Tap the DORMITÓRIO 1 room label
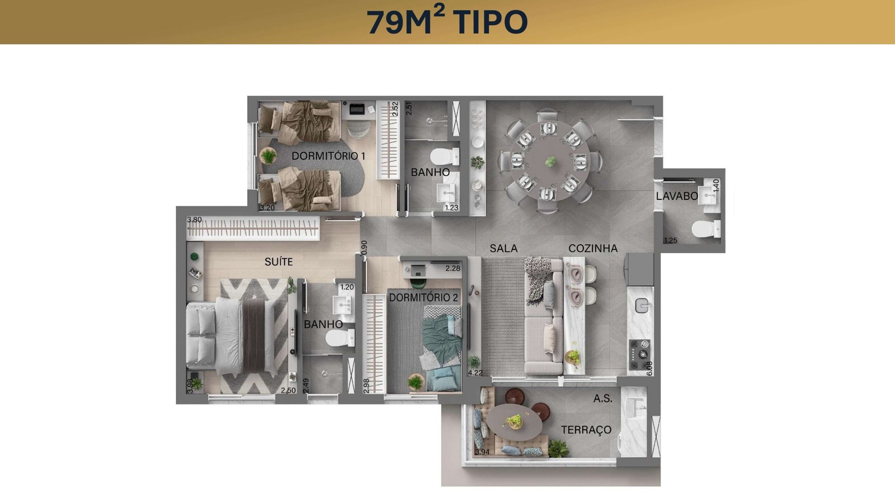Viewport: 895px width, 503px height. [x=328, y=156]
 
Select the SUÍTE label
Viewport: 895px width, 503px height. [x=279, y=262]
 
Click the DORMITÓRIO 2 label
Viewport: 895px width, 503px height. [x=423, y=297]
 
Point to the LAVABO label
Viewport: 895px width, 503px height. [x=677, y=196]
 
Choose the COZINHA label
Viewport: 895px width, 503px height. [x=593, y=248]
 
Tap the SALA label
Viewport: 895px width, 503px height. [x=503, y=248]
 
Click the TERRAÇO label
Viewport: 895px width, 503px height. [x=586, y=430]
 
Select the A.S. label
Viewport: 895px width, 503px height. [x=602, y=398]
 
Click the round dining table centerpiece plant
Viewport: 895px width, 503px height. [x=550, y=162]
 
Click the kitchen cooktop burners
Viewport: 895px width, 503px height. [x=640, y=354]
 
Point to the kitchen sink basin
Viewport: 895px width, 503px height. [x=642, y=305]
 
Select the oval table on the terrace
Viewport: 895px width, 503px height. [x=514, y=422]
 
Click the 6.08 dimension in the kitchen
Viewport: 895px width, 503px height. [x=649, y=368]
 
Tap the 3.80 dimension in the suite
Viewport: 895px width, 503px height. [x=195, y=220]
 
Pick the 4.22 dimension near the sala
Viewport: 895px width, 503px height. [x=475, y=373]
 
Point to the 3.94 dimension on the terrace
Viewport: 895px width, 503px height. [x=482, y=452]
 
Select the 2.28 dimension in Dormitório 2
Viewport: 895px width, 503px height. [x=453, y=269]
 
